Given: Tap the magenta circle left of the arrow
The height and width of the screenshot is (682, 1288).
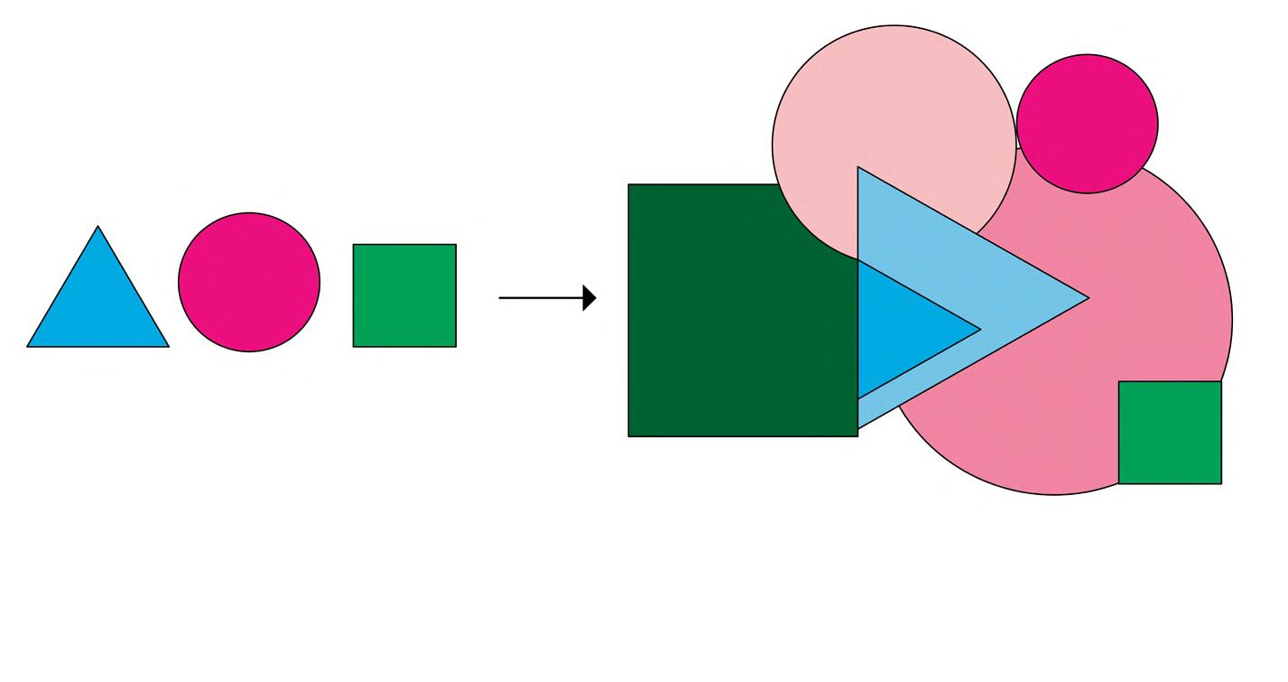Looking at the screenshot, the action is click(x=249, y=282).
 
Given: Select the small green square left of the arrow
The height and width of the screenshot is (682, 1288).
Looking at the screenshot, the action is click(x=404, y=295).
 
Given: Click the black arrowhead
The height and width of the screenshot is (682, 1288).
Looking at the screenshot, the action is click(x=589, y=297).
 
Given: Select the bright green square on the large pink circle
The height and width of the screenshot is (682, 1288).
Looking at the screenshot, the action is click(x=1170, y=433).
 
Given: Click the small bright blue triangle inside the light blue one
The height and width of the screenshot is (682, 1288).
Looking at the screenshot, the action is click(x=903, y=330).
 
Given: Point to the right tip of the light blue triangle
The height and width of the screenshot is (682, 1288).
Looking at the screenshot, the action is click(x=1089, y=298).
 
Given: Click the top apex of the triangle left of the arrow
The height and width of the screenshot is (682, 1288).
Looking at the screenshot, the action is click(x=97, y=227).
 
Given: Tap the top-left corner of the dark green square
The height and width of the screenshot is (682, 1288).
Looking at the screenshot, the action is click(x=629, y=185).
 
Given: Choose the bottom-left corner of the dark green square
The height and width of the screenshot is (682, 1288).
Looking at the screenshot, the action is click(x=629, y=436).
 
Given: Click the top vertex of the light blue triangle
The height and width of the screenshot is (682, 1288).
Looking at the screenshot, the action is click(x=858, y=168).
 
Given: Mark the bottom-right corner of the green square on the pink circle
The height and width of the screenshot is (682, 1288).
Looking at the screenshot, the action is click(x=1220, y=483).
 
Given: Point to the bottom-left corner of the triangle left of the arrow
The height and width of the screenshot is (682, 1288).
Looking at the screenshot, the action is click(x=28, y=346).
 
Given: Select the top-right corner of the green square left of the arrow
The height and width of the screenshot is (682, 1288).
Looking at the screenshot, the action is click(x=456, y=245).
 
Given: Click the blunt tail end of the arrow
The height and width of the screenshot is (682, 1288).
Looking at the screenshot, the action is click(x=500, y=297).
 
